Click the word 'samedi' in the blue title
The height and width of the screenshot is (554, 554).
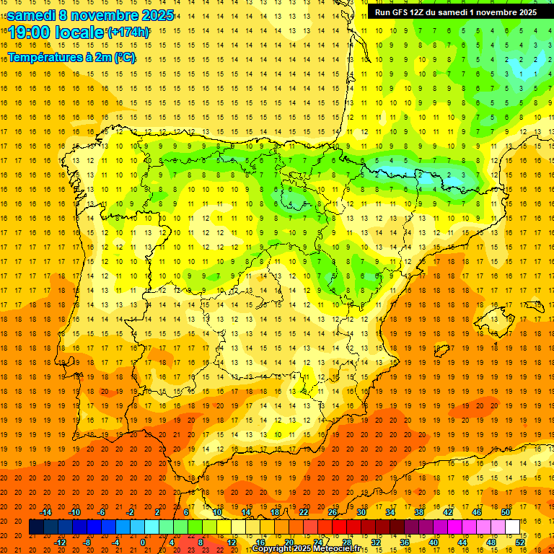(31, 15)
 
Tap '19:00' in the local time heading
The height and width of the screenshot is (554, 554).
(30, 32)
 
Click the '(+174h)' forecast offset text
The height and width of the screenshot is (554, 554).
(128, 32)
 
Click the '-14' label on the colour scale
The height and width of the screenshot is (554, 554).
(45, 512)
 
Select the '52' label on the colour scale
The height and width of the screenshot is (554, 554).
(520, 542)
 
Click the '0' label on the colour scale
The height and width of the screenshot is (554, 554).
(143, 542)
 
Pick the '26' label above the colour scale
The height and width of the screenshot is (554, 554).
(333, 512)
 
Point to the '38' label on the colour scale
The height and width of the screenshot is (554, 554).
(418, 512)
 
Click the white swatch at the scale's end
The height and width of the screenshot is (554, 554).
(512, 527)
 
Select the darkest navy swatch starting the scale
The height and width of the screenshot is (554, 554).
(36, 527)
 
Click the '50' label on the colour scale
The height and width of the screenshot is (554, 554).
(505, 512)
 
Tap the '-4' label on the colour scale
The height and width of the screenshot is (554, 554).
(115, 542)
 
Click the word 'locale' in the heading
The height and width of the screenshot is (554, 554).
(79, 32)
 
